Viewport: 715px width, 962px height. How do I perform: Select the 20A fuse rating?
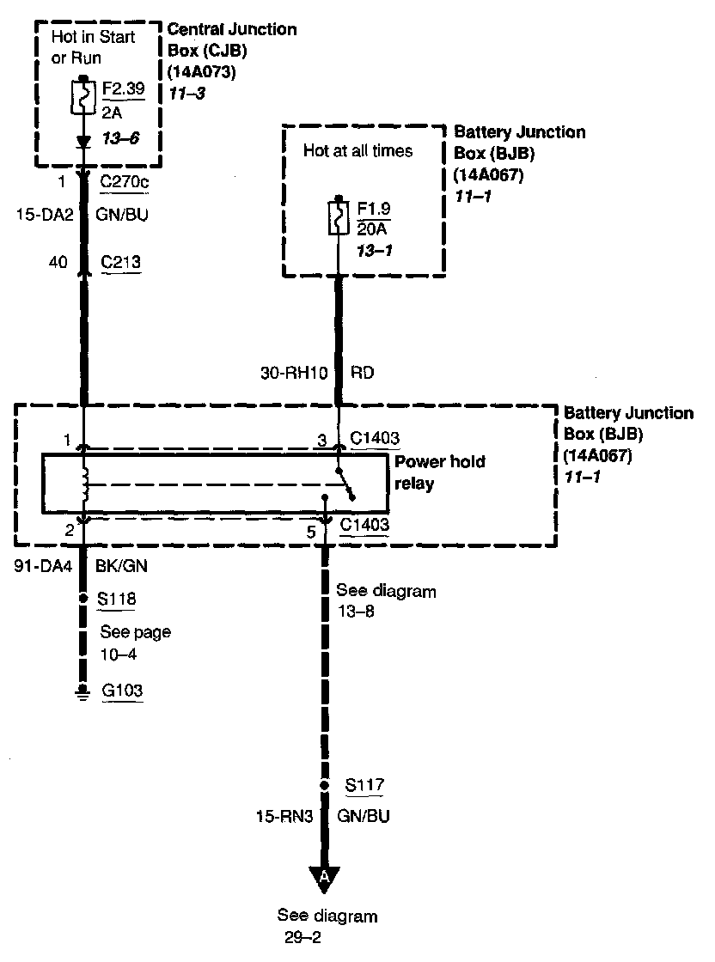pos(373,229)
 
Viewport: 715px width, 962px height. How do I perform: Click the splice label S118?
pos(119,600)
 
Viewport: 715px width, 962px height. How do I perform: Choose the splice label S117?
pos(364,785)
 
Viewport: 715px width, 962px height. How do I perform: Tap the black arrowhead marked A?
pos(324,877)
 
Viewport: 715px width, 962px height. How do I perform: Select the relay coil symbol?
pos(84,485)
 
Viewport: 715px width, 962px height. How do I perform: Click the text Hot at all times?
pos(357,151)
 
